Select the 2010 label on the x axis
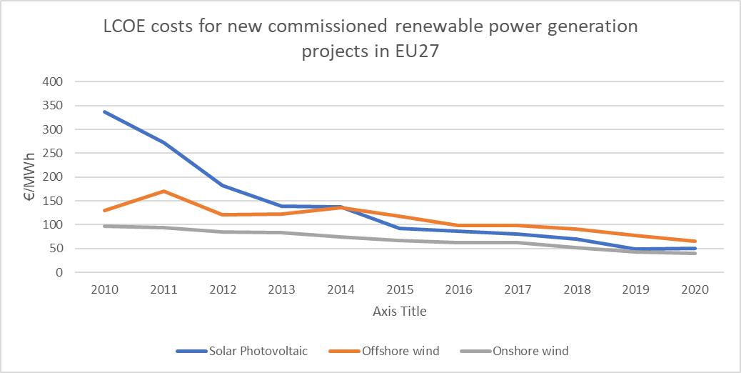coord(105,290)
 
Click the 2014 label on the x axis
coord(341,290)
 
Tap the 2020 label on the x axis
coord(695,290)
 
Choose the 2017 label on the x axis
coord(518,290)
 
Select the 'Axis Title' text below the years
coord(400,311)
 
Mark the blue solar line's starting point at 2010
coord(105,111)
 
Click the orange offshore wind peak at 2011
coord(164,191)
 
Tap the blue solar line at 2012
coord(223,185)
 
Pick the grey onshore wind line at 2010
coord(105,226)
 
